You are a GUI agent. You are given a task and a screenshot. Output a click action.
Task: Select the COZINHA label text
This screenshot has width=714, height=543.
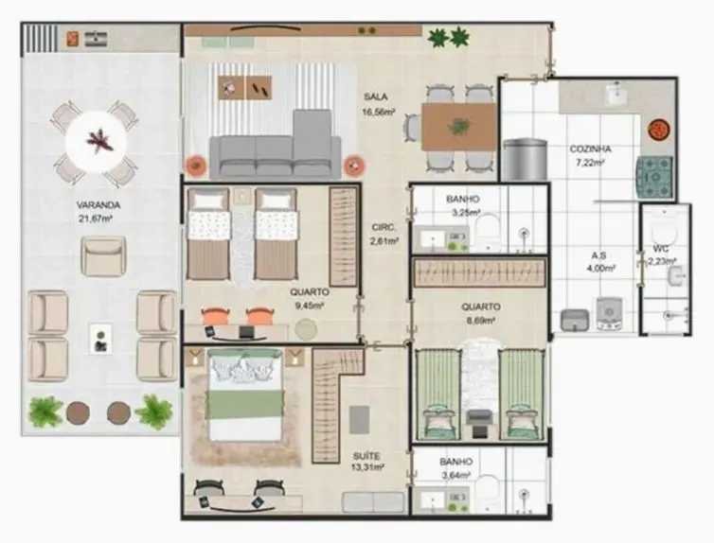(x=590, y=155)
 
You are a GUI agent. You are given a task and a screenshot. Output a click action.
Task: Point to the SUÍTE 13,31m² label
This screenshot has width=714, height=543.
(x=366, y=461)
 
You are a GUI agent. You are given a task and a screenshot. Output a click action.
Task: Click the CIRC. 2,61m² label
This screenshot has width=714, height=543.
(x=383, y=234)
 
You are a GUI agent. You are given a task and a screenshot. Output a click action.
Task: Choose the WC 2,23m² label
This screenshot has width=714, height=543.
(x=661, y=255)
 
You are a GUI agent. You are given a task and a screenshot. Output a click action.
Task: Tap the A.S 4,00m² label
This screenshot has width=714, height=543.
(x=598, y=261)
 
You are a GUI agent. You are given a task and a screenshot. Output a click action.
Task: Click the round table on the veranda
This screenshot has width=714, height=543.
(x=96, y=143)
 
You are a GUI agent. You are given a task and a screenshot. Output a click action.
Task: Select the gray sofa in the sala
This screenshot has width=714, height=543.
(x=275, y=151)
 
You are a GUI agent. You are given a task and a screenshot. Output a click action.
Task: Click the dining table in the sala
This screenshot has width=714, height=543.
(x=458, y=126)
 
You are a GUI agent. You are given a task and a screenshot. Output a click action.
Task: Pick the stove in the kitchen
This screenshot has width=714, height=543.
(x=653, y=174)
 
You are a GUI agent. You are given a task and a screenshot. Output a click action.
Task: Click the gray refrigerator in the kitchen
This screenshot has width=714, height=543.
(x=524, y=159)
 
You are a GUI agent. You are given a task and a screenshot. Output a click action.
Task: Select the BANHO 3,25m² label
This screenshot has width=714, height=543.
(x=462, y=206)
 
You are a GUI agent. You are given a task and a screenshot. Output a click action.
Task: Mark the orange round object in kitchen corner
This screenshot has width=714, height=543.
(x=660, y=129)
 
